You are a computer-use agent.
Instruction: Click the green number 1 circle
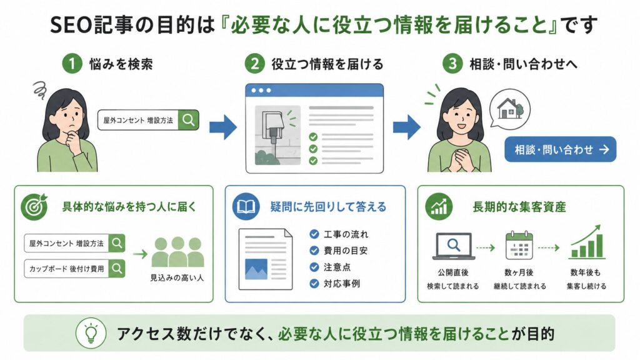[x=72, y=64]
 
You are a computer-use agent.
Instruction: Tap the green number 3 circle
[x=452, y=64]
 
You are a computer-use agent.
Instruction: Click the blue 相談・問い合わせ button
[x=561, y=149]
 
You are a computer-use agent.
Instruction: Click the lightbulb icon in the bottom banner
[x=91, y=332]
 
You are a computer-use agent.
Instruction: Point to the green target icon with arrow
[x=34, y=206]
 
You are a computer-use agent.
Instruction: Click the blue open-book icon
[x=246, y=206]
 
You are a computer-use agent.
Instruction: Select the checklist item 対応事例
[x=335, y=284]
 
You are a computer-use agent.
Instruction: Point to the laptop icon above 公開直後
[x=454, y=246]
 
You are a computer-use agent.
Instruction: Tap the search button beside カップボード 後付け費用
[x=117, y=269]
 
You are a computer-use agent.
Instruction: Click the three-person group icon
[x=177, y=252]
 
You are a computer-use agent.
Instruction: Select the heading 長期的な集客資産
[x=519, y=207]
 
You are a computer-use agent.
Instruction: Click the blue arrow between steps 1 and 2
[x=223, y=127]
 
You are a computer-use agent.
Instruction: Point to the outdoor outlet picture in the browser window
[x=277, y=136]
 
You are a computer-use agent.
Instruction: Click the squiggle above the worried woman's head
[x=39, y=90]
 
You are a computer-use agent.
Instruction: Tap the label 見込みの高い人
[x=177, y=278]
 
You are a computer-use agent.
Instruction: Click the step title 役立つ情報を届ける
[x=327, y=64]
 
